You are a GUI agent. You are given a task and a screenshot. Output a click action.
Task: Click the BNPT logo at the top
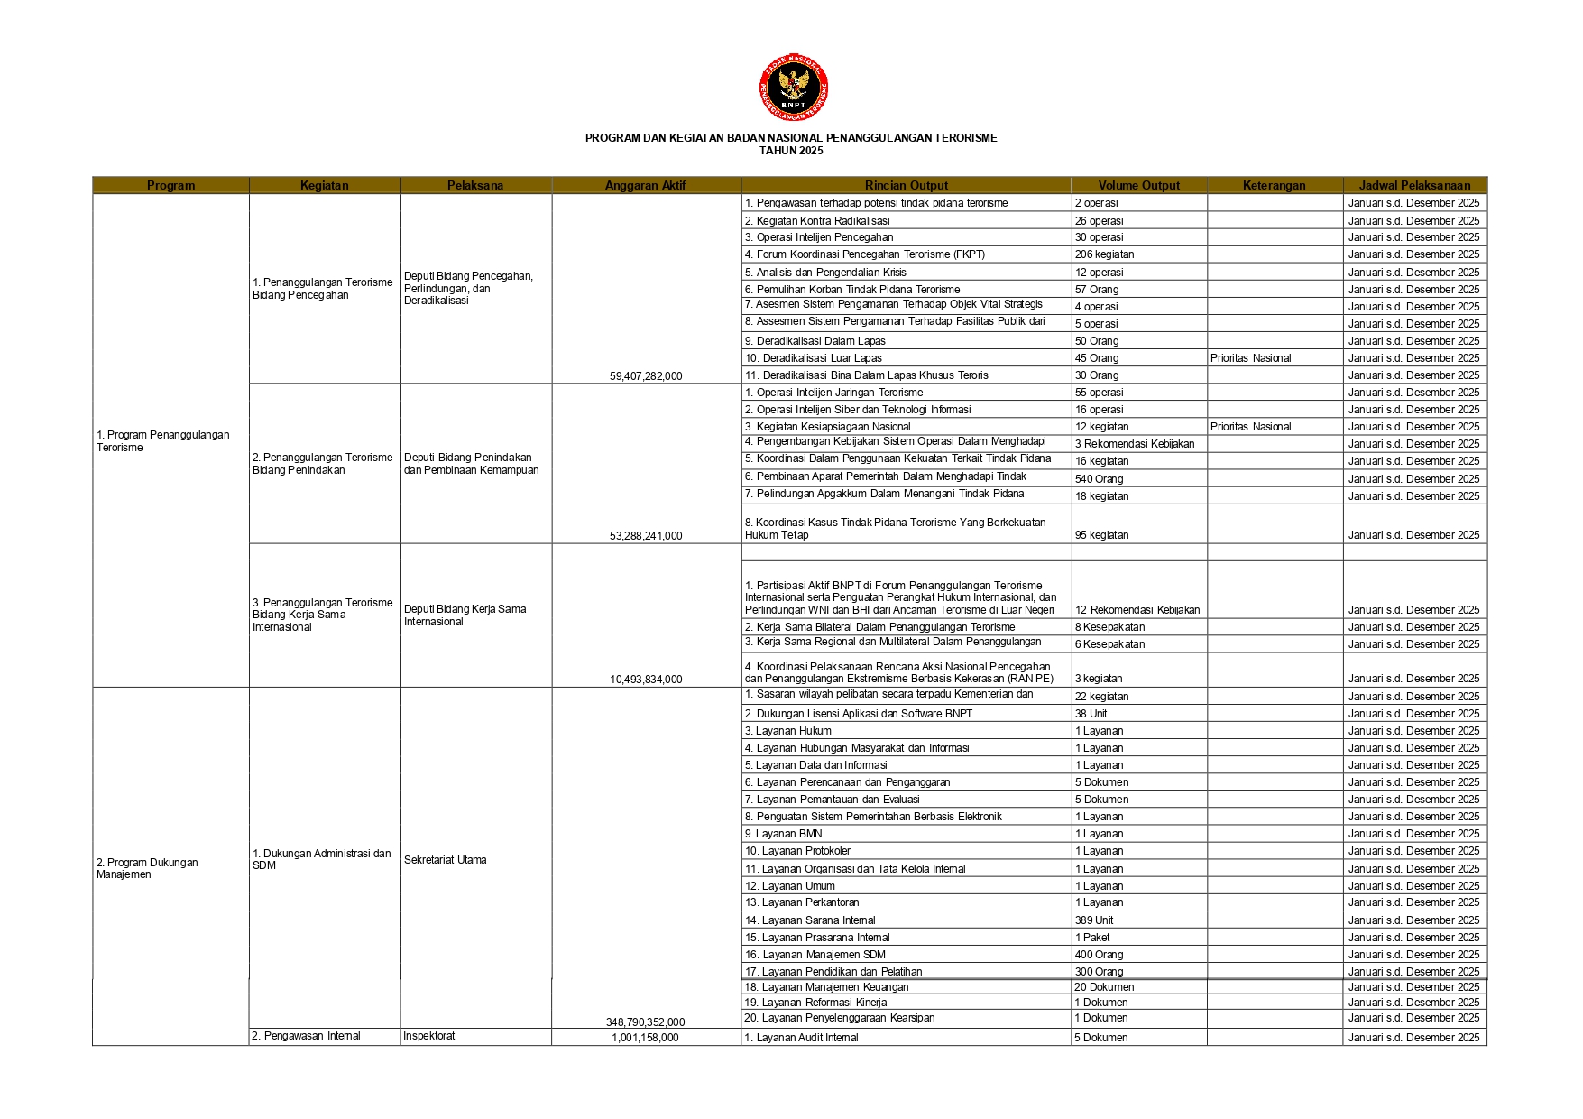pyautogui.click(x=793, y=88)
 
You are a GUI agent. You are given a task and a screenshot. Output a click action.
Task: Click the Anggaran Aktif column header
pyautogui.click(x=645, y=185)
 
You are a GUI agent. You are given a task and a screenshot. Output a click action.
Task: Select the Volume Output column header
pyautogui.click(x=1138, y=185)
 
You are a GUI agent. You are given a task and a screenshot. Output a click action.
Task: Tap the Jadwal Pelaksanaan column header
pyautogui.click(x=1414, y=185)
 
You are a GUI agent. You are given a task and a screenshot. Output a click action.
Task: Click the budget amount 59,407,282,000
pyautogui.click(x=646, y=375)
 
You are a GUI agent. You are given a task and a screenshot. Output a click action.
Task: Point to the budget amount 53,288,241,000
pyautogui.click(x=646, y=535)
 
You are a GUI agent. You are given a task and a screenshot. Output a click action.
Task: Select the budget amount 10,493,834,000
pyautogui.click(x=646, y=679)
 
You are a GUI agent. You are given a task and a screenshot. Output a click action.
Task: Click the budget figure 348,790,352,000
pyautogui.click(x=645, y=1022)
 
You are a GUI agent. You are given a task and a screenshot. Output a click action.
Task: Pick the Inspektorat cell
pyautogui.click(x=429, y=1036)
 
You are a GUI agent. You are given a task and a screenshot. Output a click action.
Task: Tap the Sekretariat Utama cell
pyautogui.click(x=446, y=860)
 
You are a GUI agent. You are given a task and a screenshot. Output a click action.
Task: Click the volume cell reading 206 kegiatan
pyautogui.click(x=1104, y=254)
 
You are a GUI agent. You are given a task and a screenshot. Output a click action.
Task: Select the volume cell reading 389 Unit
pyautogui.click(x=1094, y=920)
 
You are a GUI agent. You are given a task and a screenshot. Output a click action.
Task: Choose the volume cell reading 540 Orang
pyautogui.click(x=1099, y=478)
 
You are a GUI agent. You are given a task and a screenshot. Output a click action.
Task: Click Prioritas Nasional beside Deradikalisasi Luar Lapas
pyautogui.click(x=1250, y=358)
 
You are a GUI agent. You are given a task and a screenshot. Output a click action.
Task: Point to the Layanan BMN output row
pyautogui.click(x=783, y=834)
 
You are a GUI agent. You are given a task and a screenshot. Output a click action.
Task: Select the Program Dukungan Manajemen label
pyautogui.click(x=147, y=868)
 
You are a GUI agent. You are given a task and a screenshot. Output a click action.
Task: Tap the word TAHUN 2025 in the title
pyautogui.click(x=791, y=151)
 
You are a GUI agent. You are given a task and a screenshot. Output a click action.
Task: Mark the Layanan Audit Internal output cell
pyautogui.click(x=801, y=1038)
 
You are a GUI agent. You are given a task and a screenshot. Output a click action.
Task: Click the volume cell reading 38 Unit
pyautogui.click(x=1091, y=713)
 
